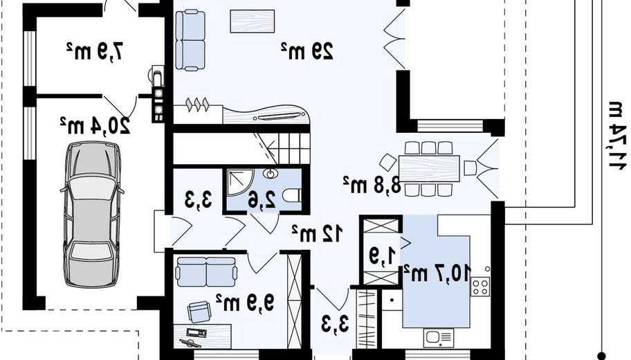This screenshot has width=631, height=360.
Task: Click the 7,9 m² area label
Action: click(x=95, y=51)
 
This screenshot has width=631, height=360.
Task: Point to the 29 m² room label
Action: click(x=307, y=51)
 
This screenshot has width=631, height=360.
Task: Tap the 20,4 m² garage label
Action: click(x=95, y=125)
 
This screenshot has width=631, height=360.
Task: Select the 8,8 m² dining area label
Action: click(x=372, y=186)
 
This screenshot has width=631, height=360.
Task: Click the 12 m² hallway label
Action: click(x=318, y=233)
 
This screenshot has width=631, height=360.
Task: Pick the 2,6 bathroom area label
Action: click(x=262, y=200)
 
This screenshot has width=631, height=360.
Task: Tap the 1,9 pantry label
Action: click(x=383, y=256)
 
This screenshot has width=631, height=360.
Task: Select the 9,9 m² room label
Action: click(x=245, y=301)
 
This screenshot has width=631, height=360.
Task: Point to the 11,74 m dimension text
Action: click(x=616, y=136)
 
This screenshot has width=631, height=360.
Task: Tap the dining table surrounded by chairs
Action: click(x=430, y=169)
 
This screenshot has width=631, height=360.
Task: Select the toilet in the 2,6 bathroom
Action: click(x=292, y=196)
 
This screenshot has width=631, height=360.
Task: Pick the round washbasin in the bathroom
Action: click(x=271, y=174)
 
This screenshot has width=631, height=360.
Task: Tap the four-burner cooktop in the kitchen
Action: click(x=480, y=287)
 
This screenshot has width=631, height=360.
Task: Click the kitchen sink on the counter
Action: click(x=438, y=338)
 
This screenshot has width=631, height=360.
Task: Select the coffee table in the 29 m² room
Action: click(x=253, y=21)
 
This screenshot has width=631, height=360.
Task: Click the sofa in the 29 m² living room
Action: click(x=190, y=40)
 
